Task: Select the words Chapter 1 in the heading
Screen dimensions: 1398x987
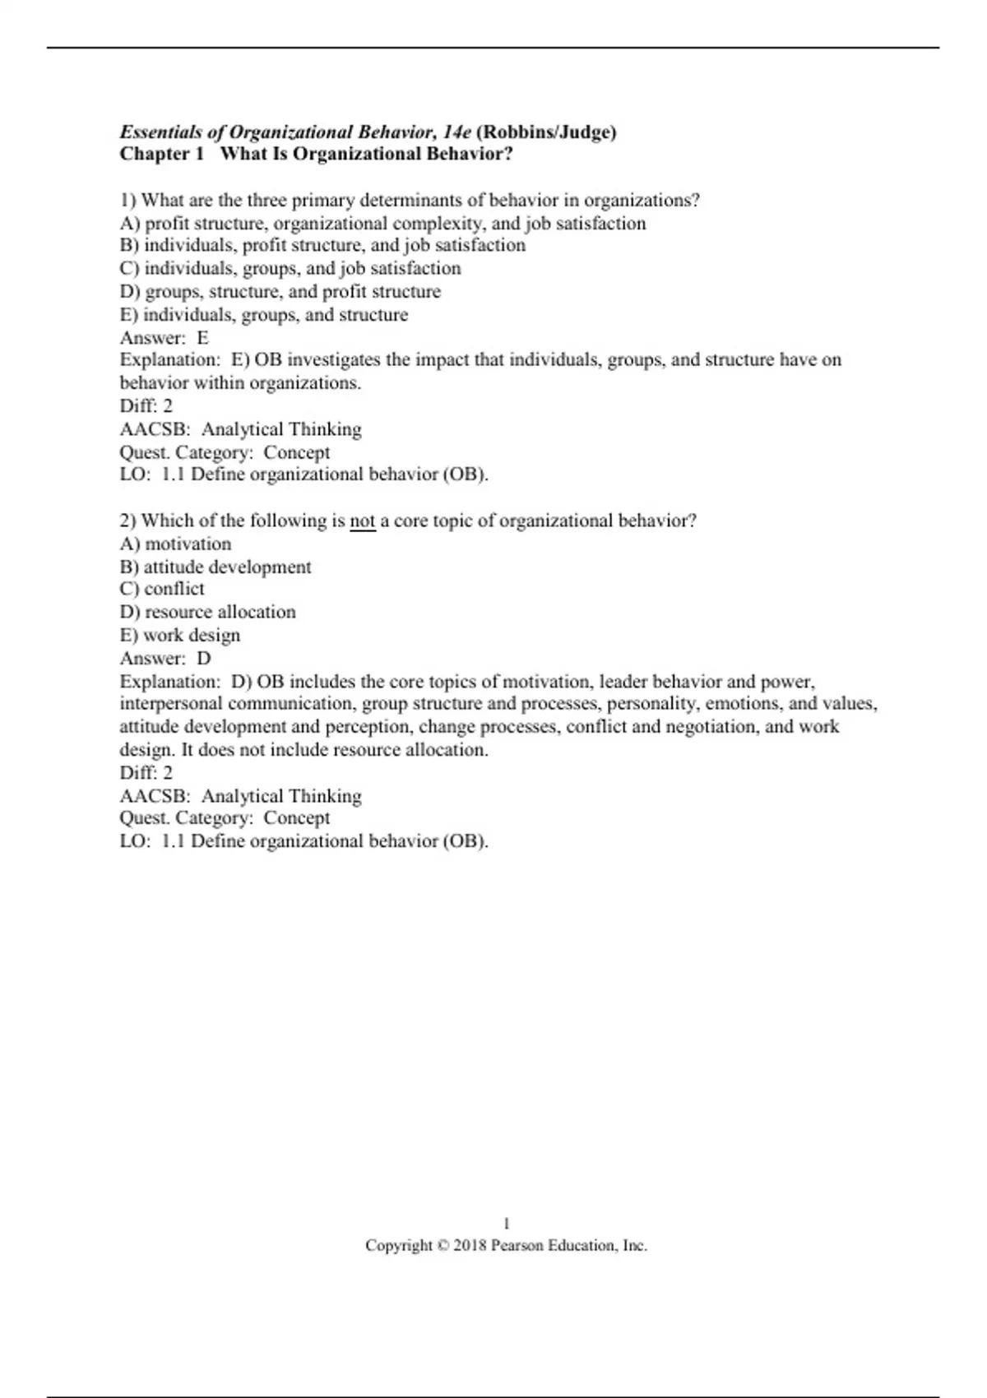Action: pos(161,155)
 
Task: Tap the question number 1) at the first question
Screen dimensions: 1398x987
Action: pos(128,201)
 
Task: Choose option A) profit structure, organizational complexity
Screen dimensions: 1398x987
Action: pos(382,224)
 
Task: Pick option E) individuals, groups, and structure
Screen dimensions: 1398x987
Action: pos(264,315)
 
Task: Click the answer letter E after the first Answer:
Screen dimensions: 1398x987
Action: pos(202,338)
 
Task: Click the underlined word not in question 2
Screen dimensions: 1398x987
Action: pos(363,521)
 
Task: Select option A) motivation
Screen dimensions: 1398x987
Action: pos(176,544)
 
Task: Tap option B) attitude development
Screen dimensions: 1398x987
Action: pos(215,567)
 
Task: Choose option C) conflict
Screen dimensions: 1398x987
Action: pos(162,590)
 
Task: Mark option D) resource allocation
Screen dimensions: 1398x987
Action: pos(208,613)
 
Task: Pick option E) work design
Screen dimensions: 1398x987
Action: pos(180,636)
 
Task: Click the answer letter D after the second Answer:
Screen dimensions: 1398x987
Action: pos(204,659)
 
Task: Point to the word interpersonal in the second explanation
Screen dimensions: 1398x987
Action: pos(171,704)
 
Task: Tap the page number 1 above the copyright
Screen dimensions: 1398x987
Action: pos(507,1224)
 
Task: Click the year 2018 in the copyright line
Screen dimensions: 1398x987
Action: pos(470,1246)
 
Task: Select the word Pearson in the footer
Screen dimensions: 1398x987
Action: pos(517,1246)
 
